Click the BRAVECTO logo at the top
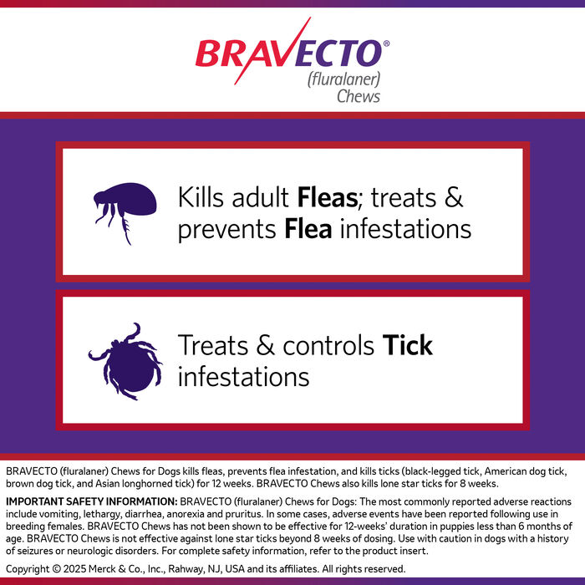tap(289, 54)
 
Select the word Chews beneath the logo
tap(358, 96)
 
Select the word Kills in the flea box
tap(201, 198)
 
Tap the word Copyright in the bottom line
tap(32, 569)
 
